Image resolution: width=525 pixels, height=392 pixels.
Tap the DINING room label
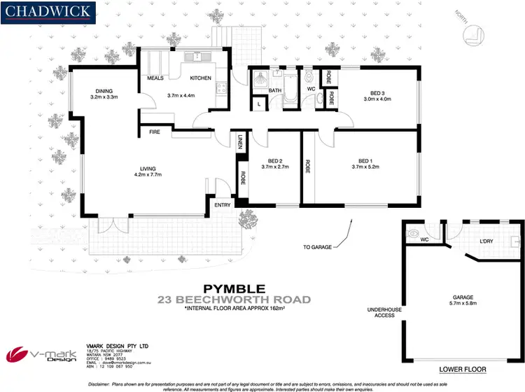(103, 91)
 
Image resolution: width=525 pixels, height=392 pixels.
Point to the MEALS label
(156, 78)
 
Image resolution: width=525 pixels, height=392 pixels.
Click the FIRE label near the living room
(154, 131)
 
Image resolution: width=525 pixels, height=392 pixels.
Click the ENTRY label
(222, 204)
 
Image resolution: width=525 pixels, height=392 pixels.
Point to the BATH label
(274, 90)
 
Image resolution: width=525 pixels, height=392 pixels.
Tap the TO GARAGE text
(316, 247)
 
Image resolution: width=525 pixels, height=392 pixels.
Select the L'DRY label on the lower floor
(487, 241)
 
